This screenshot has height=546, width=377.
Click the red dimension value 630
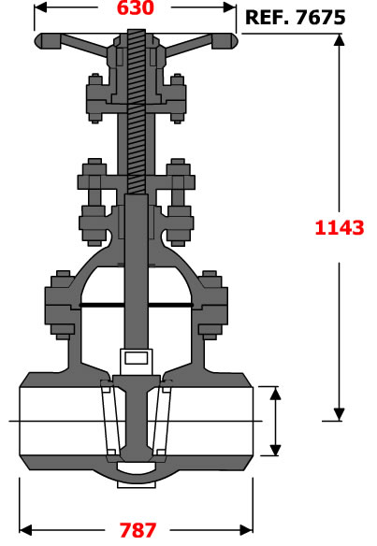(136, 8)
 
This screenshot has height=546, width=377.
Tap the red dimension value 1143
(340, 228)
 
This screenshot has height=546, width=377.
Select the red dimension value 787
(138, 530)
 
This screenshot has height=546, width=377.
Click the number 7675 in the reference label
(320, 18)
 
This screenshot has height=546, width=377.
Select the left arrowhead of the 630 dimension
(40, 7)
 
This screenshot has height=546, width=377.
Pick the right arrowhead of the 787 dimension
(246, 530)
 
